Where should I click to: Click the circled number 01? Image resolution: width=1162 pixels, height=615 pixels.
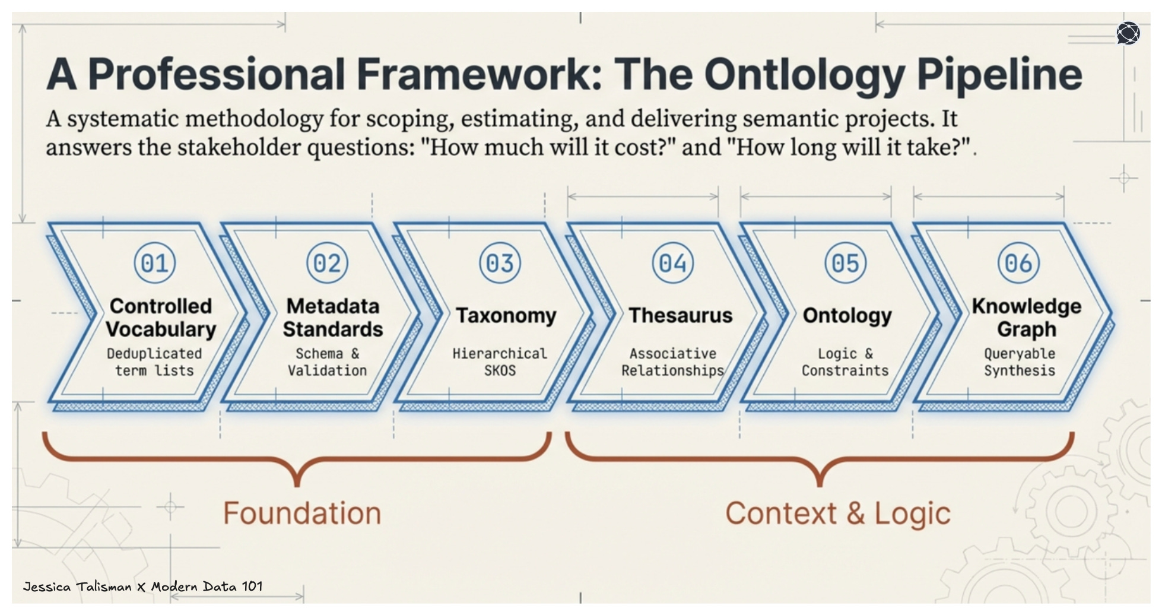pyautogui.click(x=155, y=263)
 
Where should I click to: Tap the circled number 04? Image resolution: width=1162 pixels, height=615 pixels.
pyautogui.click(x=673, y=263)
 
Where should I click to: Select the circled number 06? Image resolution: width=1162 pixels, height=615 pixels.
pyautogui.click(x=1018, y=263)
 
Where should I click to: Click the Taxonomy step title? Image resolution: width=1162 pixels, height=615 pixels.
pyautogui.click(x=506, y=315)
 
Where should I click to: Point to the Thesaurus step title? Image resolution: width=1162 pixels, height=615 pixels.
pyautogui.click(x=680, y=315)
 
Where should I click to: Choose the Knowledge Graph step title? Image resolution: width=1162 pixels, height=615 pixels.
pyautogui.click(x=1026, y=317)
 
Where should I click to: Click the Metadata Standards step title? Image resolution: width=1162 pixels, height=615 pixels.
pyautogui.click(x=332, y=317)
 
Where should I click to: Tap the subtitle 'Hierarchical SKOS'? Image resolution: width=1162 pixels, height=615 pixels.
pyautogui.click(x=500, y=362)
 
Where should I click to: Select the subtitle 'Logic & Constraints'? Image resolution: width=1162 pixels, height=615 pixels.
pyautogui.click(x=845, y=362)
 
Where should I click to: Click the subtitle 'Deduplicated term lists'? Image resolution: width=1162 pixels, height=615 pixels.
pyautogui.click(x=154, y=362)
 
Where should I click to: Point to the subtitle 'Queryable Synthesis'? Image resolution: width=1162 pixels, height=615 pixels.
pyautogui.click(x=1020, y=362)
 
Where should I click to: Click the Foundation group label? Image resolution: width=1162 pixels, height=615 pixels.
pyautogui.click(x=302, y=513)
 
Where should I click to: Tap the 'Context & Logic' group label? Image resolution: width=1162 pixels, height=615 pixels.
pyautogui.click(x=837, y=513)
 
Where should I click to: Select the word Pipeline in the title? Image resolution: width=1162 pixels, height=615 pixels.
pyautogui.click(x=999, y=75)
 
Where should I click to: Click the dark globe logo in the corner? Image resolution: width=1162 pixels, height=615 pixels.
pyautogui.click(x=1128, y=33)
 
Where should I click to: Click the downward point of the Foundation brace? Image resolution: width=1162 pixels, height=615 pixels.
pyautogui.click(x=297, y=483)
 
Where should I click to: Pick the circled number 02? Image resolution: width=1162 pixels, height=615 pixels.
pyautogui.click(x=328, y=263)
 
